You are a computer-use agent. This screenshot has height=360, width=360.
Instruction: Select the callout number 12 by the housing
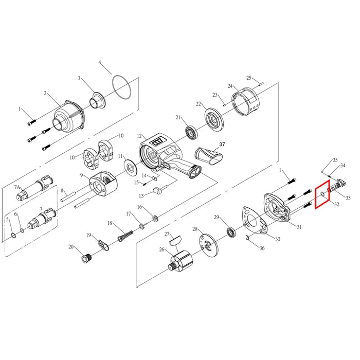139,136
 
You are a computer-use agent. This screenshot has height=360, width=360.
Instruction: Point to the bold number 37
222,145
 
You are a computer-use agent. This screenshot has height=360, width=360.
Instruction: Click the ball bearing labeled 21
191,132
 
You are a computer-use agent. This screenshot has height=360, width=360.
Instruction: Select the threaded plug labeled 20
86,258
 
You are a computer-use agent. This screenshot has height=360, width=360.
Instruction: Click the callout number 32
336,204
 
